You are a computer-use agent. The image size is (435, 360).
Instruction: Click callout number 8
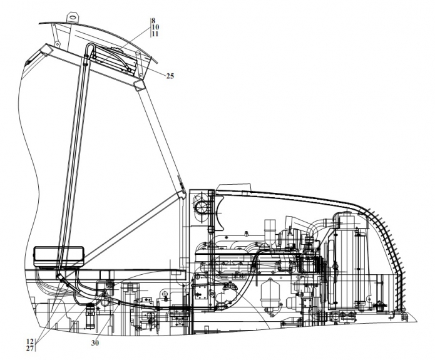[154, 20]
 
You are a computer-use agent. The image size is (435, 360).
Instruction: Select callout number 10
[155, 27]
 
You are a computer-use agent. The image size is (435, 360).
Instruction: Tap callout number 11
[155, 34]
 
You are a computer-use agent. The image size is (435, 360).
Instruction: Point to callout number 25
[170, 76]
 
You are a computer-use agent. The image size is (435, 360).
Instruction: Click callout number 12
[30, 341]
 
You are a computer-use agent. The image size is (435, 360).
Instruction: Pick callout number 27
[30, 348]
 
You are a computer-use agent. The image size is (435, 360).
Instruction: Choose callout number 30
[95, 343]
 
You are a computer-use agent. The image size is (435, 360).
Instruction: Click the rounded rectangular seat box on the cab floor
[58, 257]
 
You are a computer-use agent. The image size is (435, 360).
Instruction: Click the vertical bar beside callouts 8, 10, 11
[151, 28]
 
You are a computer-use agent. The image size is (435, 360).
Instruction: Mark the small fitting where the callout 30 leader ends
[119, 303]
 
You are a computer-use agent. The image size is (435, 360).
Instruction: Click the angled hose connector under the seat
[63, 280]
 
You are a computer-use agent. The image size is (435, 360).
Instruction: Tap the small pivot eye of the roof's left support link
[58, 44]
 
